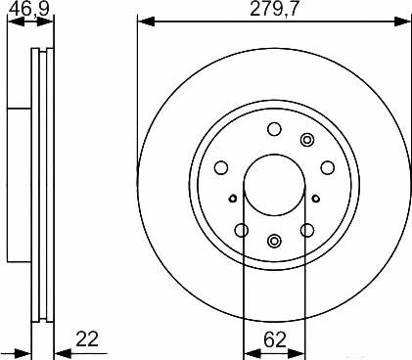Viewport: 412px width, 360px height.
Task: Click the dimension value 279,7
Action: (274, 9)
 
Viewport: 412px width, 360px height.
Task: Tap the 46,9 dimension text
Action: (29, 9)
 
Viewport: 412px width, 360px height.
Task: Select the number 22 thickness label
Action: (87, 339)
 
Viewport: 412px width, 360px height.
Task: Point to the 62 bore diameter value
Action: (275, 339)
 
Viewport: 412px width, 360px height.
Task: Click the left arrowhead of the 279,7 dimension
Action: (146, 22)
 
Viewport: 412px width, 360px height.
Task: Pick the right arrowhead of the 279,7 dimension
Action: (401, 22)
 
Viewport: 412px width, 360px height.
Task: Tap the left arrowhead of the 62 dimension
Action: (252, 353)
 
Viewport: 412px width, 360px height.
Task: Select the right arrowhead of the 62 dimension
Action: (298, 353)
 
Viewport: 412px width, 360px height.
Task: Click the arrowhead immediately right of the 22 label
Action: (63, 353)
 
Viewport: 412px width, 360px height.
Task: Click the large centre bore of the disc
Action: (275, 185)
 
